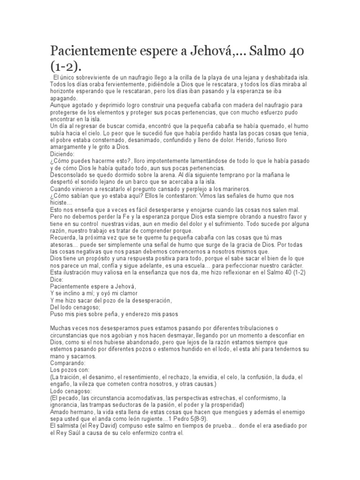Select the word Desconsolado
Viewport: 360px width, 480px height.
[x=70, y=176]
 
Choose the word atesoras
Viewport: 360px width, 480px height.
[x=62, y=244]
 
